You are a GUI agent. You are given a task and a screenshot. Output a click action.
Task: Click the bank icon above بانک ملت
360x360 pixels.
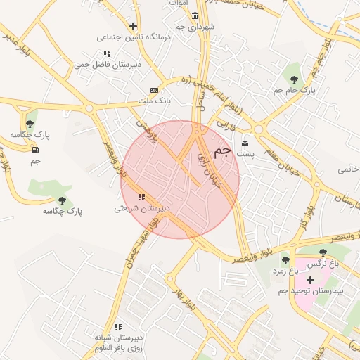[154, 91]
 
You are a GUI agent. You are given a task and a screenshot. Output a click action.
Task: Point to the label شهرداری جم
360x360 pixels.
[194, 26]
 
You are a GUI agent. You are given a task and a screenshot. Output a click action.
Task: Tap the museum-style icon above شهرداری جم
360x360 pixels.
[195, 16]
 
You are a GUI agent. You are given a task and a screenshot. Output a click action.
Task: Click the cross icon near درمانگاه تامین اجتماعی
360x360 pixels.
[133, 26]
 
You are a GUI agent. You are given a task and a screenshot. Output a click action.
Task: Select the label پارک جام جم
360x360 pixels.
[294, 91]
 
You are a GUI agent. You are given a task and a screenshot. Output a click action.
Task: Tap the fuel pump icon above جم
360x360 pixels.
[35, 150]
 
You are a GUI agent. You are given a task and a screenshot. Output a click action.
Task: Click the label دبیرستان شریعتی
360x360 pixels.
[143, 208]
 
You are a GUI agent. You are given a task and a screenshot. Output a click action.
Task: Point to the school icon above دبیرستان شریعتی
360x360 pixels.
[141, 198]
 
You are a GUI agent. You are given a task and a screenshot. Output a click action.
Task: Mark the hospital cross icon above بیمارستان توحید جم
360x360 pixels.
[310, 280]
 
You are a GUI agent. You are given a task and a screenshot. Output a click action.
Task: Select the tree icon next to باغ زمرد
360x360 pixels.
[285, 261]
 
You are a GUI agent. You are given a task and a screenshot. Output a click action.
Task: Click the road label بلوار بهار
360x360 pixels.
[184, 299]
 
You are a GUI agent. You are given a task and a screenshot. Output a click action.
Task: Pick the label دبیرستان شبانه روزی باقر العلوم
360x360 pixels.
[119, 343]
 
